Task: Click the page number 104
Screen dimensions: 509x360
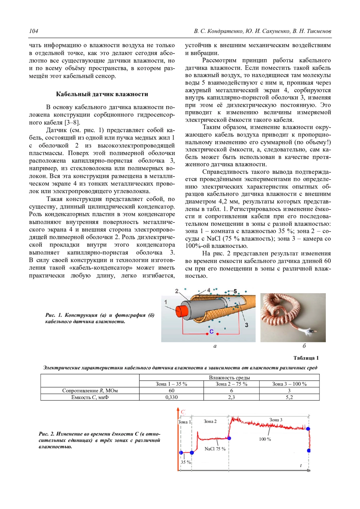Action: (x=33, y=31)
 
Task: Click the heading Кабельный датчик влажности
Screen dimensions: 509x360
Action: (x=102, y=94)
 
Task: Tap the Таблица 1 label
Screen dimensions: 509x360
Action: (x=306, y=358)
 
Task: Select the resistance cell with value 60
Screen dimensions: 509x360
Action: (x=171, y=391)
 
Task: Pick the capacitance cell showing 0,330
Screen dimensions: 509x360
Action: (x=171, y=397)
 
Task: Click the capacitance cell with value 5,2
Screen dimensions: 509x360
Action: (x=289, y=397)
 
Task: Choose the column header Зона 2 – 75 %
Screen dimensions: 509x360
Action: (x=231, y=384)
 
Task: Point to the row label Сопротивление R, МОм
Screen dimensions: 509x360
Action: (x=90, y=391)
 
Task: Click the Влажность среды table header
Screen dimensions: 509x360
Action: (x=229, y=378)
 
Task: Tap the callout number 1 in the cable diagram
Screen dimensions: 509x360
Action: (x=166, y=302)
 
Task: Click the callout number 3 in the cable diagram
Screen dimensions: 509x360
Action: (x=246, y=325)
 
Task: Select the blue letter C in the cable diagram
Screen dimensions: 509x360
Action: (x=211, y=332)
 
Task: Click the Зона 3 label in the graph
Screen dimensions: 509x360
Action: (x=275, y=420)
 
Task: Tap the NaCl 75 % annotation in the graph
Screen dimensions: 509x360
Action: (x=215, y=449)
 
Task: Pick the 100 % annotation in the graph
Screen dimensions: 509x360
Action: (x=265, y=439)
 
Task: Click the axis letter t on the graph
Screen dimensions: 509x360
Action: (x=301, y=466)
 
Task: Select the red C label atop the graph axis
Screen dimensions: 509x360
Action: (x=183, y=412)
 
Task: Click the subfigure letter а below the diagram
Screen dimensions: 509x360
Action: (x=215, y=346)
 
